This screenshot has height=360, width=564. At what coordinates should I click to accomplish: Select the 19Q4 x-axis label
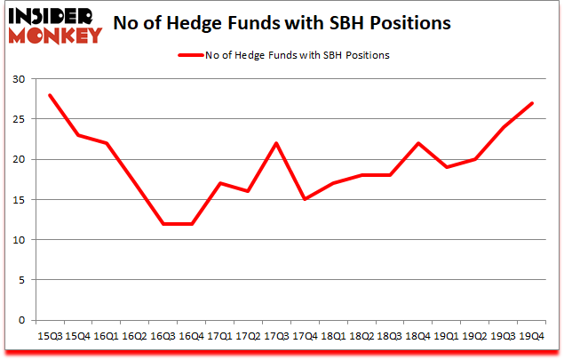[x=531, y=335]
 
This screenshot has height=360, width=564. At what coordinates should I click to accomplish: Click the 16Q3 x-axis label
[x=162, y=335]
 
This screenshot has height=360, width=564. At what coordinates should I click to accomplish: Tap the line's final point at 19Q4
[x=531, y=103]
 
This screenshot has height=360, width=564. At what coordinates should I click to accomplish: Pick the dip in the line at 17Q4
[x=304, y=199]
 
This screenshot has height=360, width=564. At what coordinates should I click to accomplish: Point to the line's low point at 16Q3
[x=162, y=223]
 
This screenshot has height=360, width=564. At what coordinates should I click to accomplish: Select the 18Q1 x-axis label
[x=332, y=335]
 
